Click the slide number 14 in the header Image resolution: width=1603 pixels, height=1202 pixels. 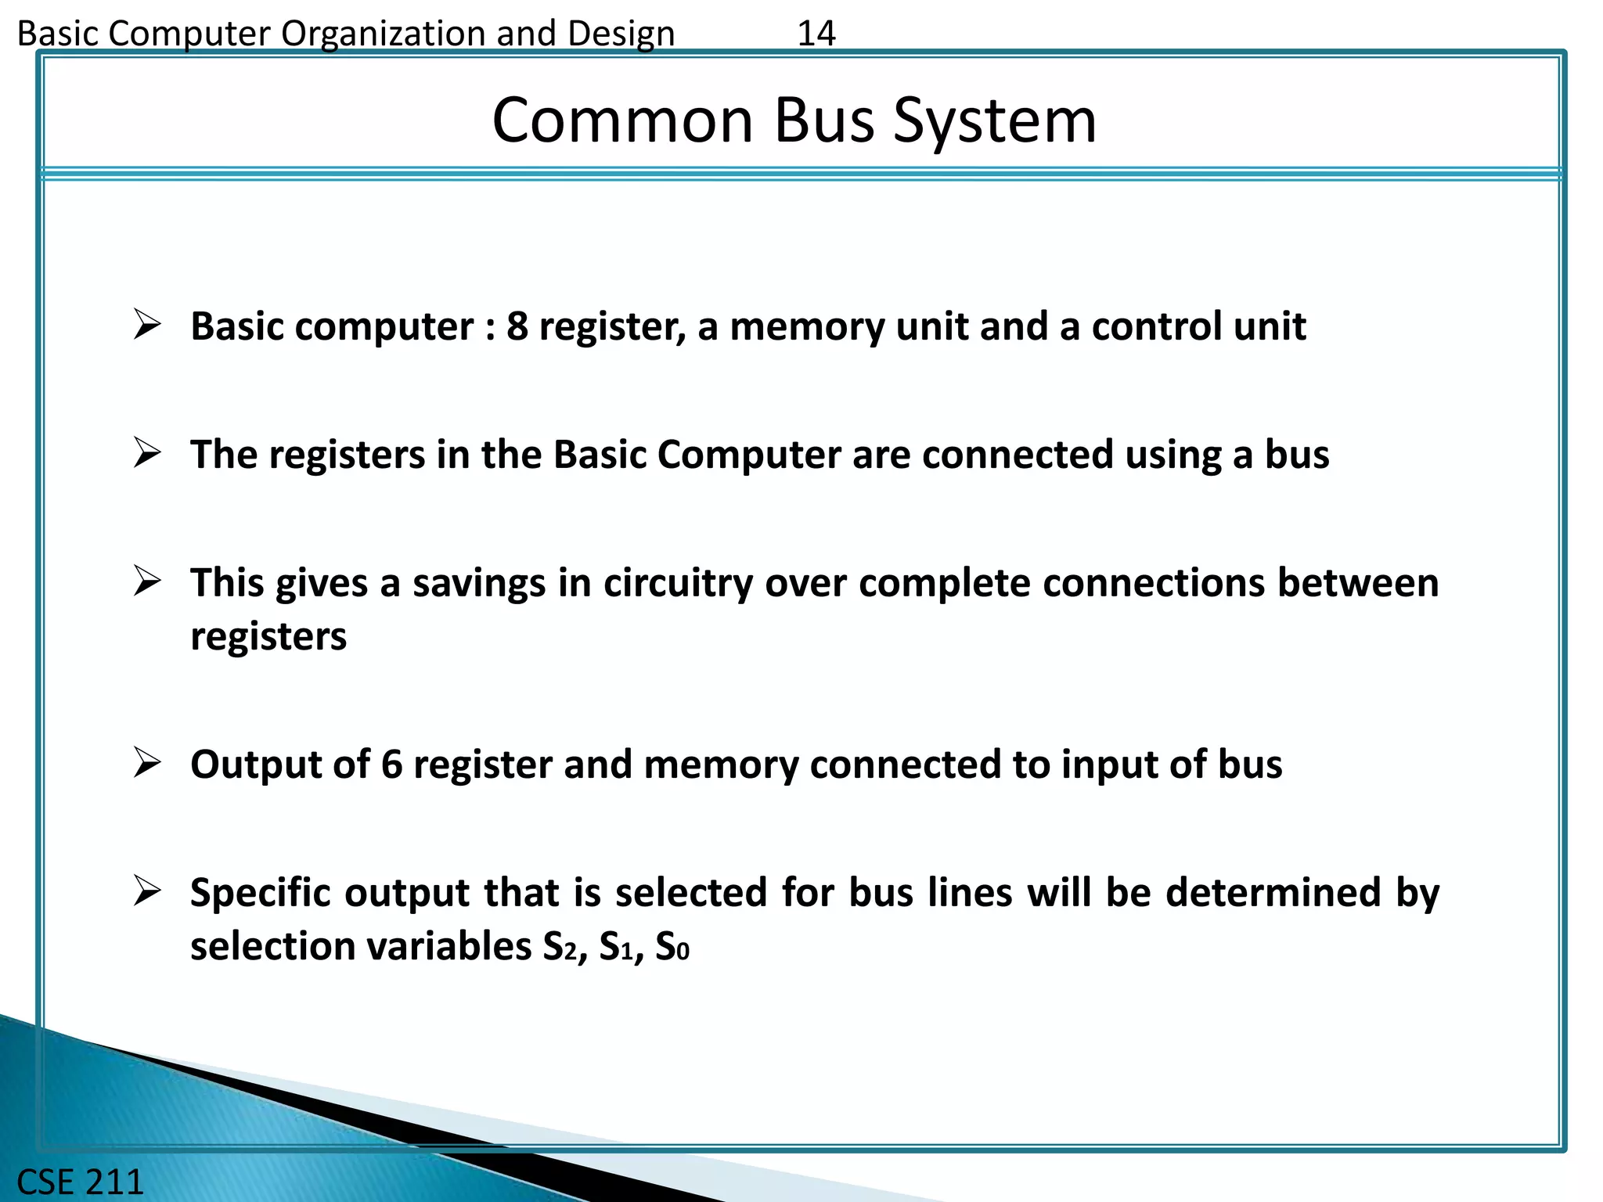pyautogui.click(x=816, y=34)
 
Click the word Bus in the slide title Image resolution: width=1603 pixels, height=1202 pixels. pyautogui.click(x=823, y=121)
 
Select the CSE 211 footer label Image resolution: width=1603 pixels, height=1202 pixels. pyautogui.click(x=80, y=1182)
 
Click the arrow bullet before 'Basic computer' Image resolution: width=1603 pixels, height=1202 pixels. pyautogui.click(x=147, y=325)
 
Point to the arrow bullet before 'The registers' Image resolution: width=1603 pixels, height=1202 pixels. pyautogui.click(x=147, y=453)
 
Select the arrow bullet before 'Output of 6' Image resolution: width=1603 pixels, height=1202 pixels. pyautogui.click(x=147, y=763)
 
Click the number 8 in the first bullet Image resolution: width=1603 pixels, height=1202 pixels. pyautogui.click(x=517, y=326)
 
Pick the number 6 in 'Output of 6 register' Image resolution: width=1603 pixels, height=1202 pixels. pyautogui.click(x=391, y=765)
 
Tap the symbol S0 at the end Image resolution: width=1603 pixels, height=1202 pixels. pyautogui.click(x=672, y=946)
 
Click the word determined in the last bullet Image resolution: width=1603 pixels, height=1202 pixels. pyautogui.click(x=1273, y=893)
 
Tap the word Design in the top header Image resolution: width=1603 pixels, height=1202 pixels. pyautogui.click(x=621, y=34)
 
